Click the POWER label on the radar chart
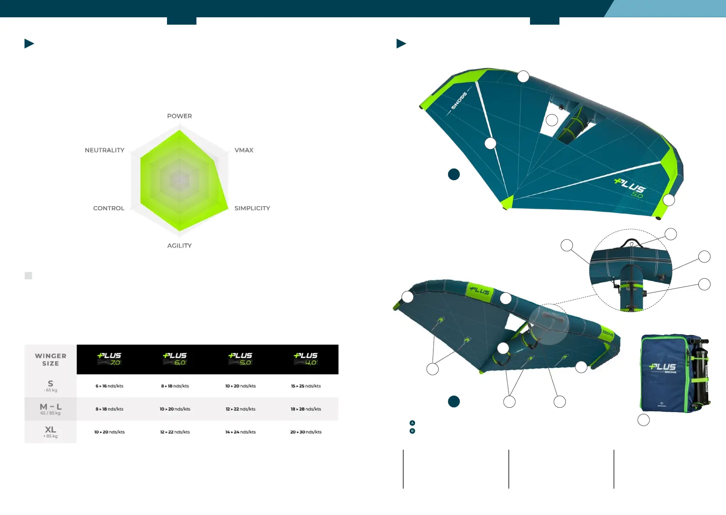pos(180,116)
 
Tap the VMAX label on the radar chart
pos(244,150)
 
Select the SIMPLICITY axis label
pos(252,208)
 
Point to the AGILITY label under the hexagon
pos(179,246)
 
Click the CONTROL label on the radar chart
pos(109,208)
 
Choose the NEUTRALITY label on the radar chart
pos(104,150)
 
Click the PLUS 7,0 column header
pos(109,359)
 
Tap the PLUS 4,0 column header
pos(306,359)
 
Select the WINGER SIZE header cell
pos(51,359)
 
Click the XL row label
pos(51,431)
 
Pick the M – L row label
pos(51,408)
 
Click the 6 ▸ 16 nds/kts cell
pos(109,386)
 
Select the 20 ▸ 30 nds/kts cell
pos(306,432)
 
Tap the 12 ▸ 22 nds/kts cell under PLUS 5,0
pos(241,409)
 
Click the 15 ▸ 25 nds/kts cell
pos(306,386)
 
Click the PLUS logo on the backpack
pos(662,367)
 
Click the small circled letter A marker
pos(412,423)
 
